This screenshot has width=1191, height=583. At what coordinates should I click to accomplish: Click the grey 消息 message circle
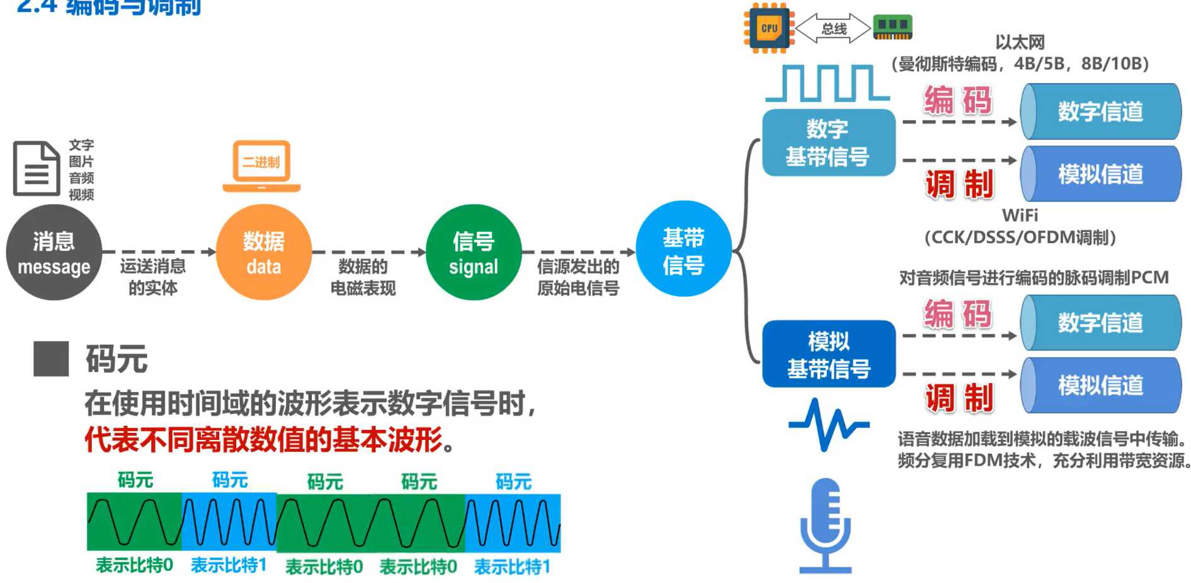click(x=54, y=252)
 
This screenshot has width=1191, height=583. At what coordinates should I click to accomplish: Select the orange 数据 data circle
click(x=263, y=252)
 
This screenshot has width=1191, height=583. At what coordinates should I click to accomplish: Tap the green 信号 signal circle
click(x=473, y=252)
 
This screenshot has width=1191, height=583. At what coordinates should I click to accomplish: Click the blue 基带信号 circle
click(x=683, y=249)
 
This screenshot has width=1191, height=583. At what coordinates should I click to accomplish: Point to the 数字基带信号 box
click(x=828, y=142)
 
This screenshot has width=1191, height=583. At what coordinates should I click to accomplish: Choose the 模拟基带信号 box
click(x=828, y=354)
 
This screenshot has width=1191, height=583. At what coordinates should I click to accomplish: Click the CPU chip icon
click(x=768, y=28)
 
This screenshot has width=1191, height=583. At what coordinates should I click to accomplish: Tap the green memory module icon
click(x=892, y=26)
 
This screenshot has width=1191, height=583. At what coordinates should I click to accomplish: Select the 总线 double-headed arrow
click(x=833, y=28)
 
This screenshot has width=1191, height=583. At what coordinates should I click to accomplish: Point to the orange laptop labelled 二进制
click(x=261, y=165)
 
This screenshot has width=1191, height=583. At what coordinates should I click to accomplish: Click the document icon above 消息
click(x=37, y=168)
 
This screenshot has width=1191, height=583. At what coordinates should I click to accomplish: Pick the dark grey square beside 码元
click(x=51, y=359)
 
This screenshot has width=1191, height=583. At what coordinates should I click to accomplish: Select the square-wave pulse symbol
click(x=827, y=83)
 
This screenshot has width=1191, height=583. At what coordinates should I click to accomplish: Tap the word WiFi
click(x=1020, y=216)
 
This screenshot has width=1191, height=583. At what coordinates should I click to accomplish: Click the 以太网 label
click(x=1020, y=42)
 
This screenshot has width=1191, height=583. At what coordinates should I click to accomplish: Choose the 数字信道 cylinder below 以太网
click(x=1100, y=112)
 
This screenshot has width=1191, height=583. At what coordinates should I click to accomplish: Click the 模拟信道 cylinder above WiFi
click(x=1100, y=174)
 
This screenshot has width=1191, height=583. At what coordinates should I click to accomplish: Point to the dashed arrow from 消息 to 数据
click(x=159, y=252)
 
